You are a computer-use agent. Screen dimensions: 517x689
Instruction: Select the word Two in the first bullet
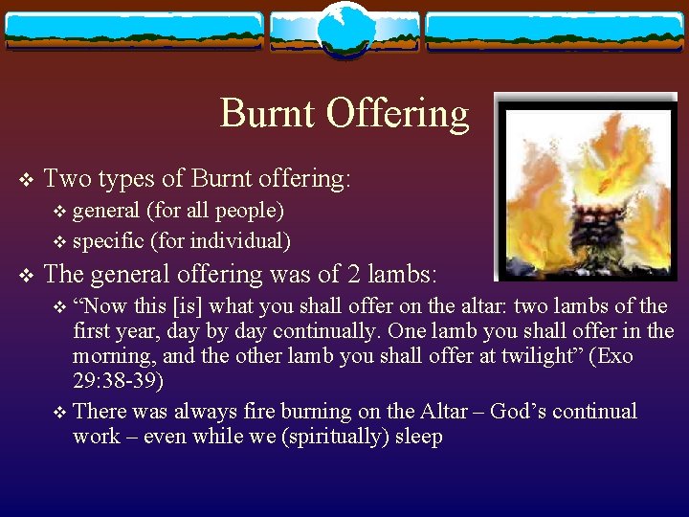pos(67,178)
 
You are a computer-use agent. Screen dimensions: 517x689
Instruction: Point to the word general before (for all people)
pos(108,210)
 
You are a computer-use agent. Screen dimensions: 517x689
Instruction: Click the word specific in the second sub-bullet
pos(108,240)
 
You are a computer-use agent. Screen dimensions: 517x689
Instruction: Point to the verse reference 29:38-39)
pos(119,381)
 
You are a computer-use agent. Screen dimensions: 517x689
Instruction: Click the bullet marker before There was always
pos(61,413)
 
